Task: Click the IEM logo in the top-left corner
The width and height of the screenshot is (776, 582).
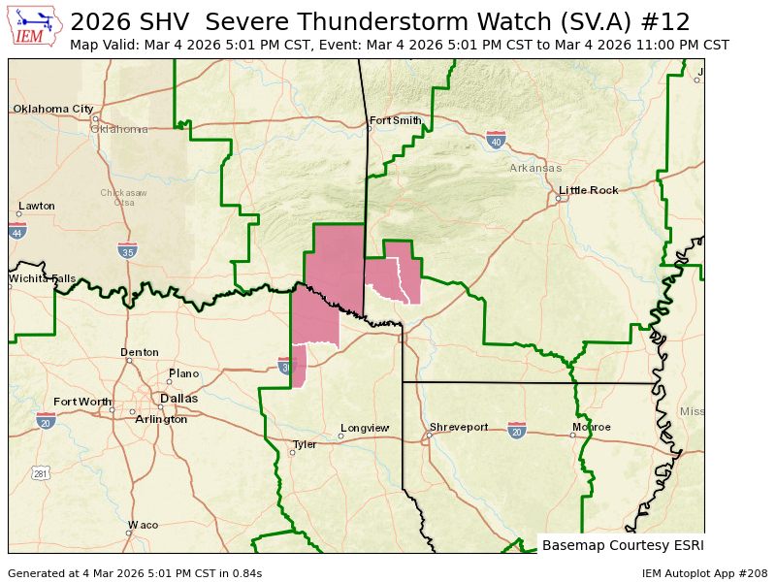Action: pos(35,27)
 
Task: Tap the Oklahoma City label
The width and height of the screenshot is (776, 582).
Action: pos(53,109)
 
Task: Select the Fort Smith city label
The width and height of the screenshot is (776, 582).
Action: pos(396,120)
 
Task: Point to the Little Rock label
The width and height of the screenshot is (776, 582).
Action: pos(588,190)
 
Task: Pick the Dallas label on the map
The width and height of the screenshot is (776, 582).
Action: pos(178,399)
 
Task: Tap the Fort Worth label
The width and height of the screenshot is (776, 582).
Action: pos(82,402)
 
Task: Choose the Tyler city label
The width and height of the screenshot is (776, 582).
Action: pos(305,444)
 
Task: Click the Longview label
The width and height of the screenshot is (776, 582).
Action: pos(364,428)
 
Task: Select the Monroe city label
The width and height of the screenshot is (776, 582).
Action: pos(592,427)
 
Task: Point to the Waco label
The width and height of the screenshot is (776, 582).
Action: pos(143,525)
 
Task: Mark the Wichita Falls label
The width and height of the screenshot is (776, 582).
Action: pos(43,278)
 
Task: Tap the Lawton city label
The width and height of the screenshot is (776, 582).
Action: pos(37,206)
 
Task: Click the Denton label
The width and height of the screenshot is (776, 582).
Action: pos(139,352)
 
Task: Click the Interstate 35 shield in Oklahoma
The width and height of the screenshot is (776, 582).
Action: pos(127,250)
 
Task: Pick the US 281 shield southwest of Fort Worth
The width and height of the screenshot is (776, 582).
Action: pos(40,473)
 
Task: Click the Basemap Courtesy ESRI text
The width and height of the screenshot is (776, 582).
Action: pos(623,544)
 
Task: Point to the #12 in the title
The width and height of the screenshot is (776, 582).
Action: pos(670,21)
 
